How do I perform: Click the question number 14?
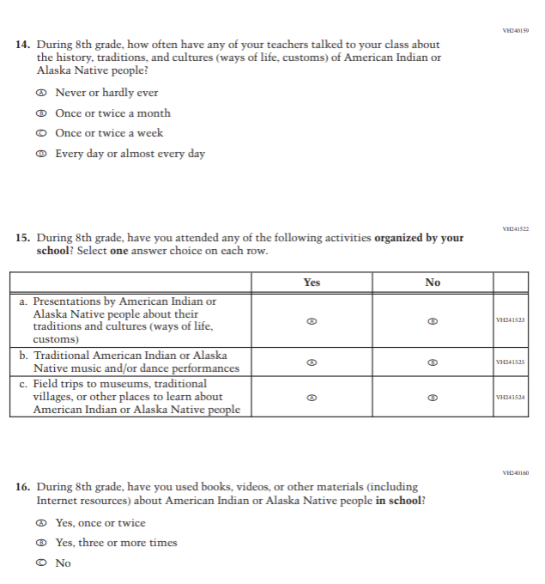tap(23, 45)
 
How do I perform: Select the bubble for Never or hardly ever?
tap(40, 93)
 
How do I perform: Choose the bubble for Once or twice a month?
tap(40, 113)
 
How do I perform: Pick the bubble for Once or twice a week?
tap(40, 133)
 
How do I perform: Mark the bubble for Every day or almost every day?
tap(40, 155)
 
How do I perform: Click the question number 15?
tap(23, 238)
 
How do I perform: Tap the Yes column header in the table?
tap(312, 283)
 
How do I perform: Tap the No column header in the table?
tap(433, 283)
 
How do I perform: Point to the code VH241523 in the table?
tap(511, 320)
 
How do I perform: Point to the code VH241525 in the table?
tap(511, 362)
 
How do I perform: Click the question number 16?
tap(23, 487)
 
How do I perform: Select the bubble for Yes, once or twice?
tap(40, 523)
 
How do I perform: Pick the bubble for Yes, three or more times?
tap(40, 543)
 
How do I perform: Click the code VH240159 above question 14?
tap(515, 31)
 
